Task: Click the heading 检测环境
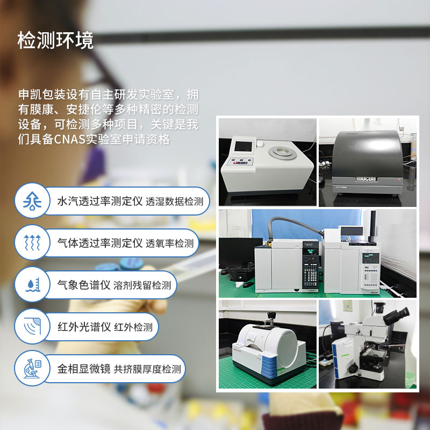(x=55, y=41)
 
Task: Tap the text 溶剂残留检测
(x=142, y=285)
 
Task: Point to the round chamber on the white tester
(x=284, y=152)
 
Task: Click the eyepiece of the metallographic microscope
(x=400, y=312)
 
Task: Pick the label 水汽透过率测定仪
(x=99, y=201)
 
